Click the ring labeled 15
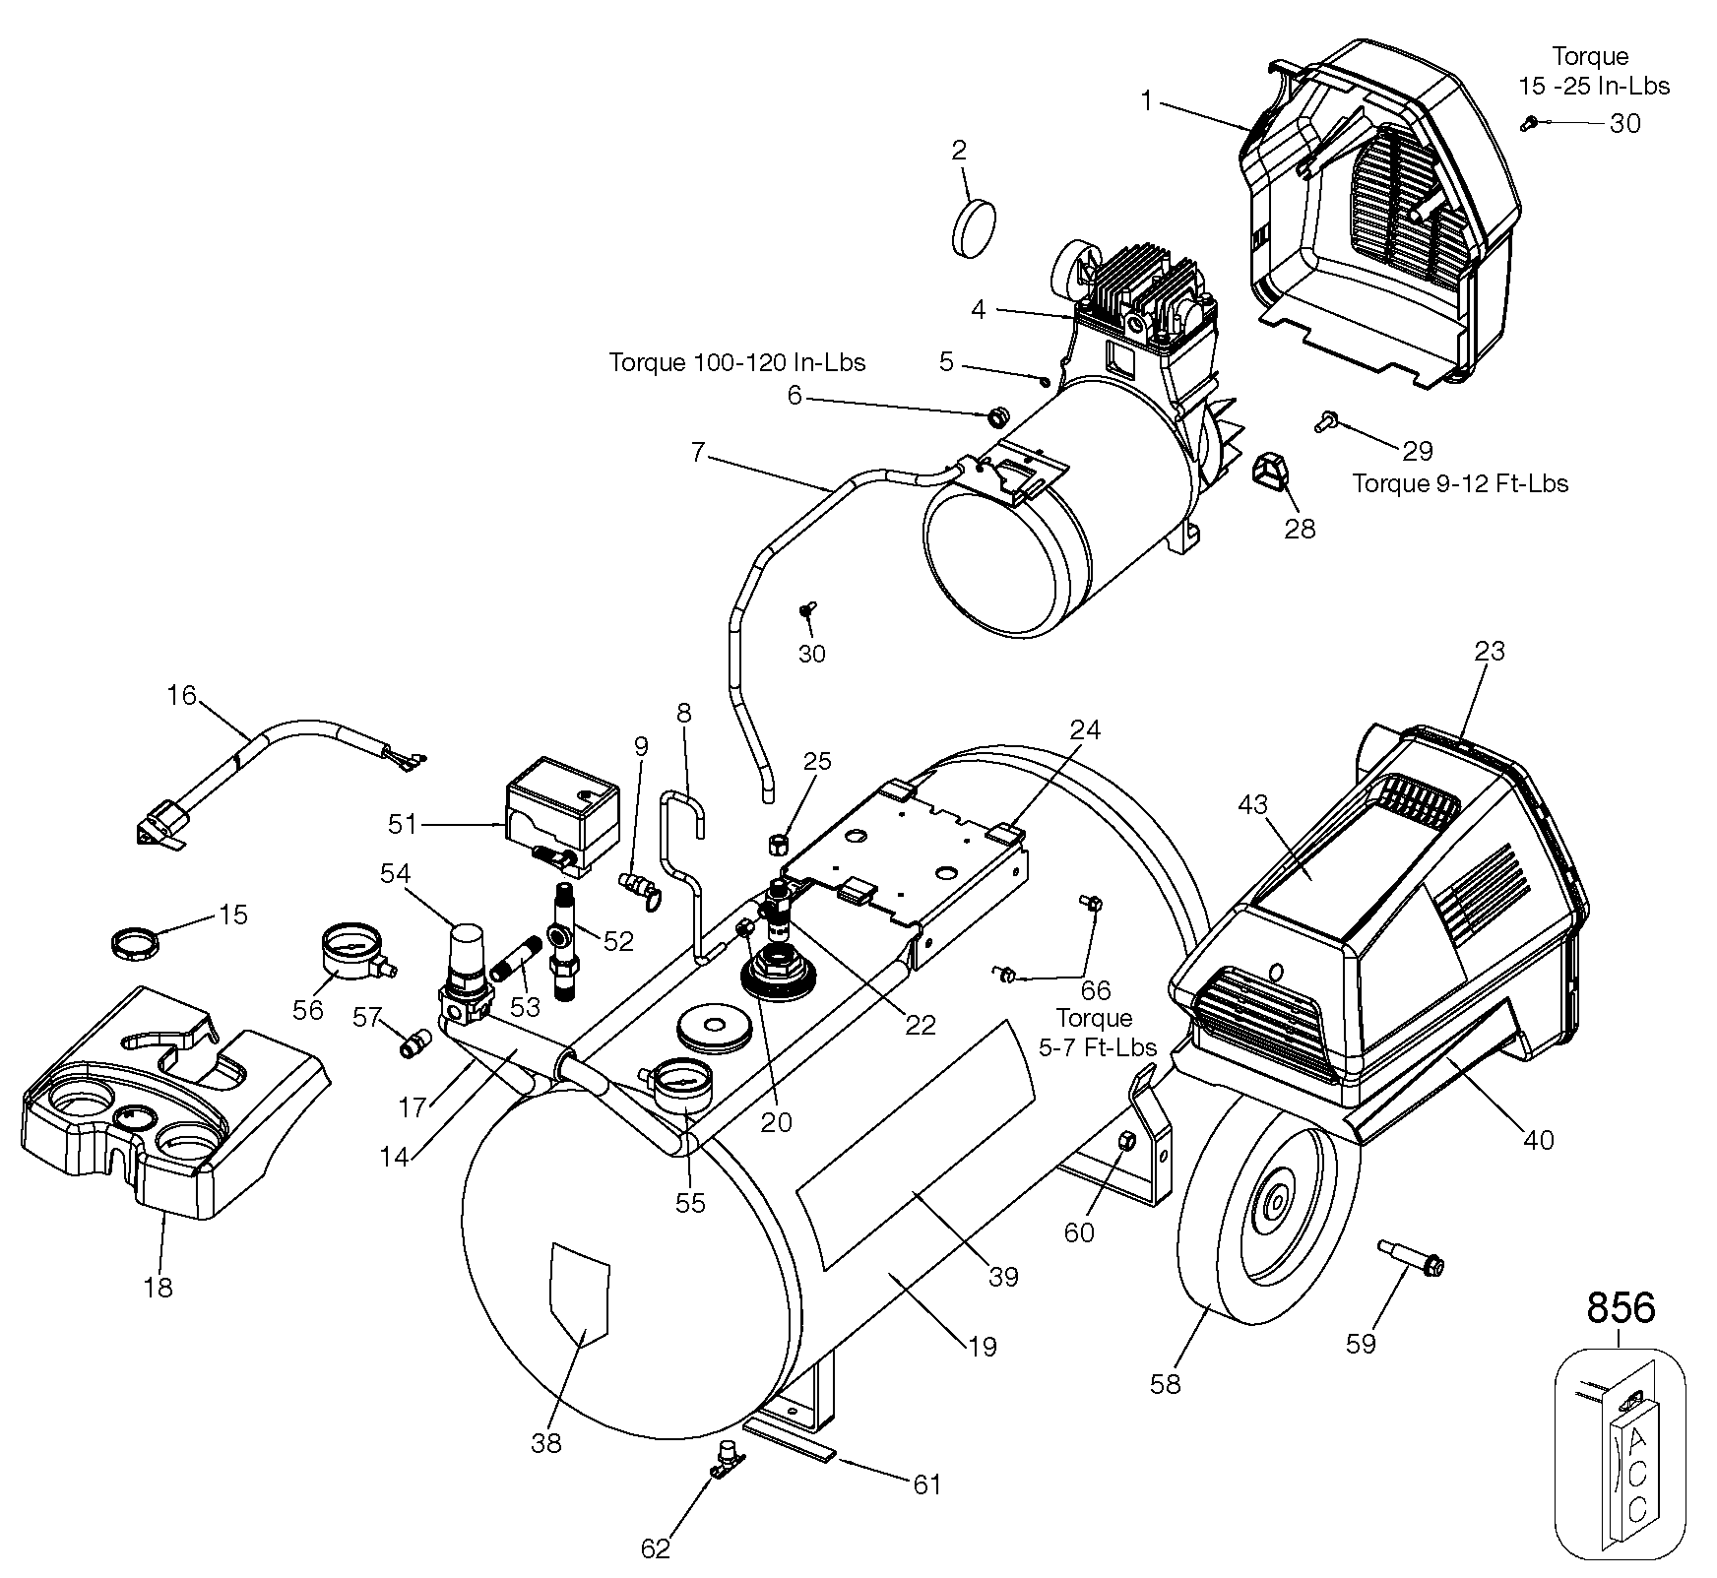pos(133,943)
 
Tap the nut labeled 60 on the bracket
pos(1128,1141)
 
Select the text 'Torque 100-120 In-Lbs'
pos(737,362)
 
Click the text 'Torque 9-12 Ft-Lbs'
pos(1459,483)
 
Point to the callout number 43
pos(1253,805)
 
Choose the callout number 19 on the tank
pos(983,1346)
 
